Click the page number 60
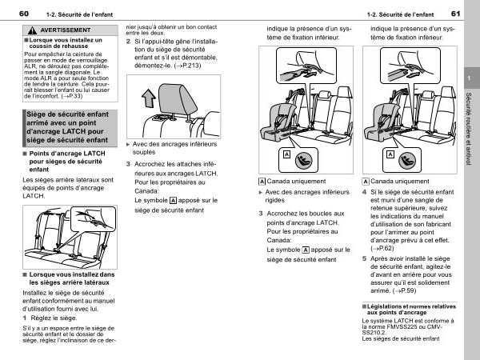24,14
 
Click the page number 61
455,14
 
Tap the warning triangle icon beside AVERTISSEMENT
32,30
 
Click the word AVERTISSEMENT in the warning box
66,30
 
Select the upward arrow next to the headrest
149,98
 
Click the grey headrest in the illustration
178,98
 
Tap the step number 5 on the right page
364,258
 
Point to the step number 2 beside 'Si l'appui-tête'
128,42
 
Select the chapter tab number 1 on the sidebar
469,78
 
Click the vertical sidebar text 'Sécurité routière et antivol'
468,129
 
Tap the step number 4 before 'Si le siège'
364,192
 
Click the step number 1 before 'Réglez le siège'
25,318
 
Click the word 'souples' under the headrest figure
144,152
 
